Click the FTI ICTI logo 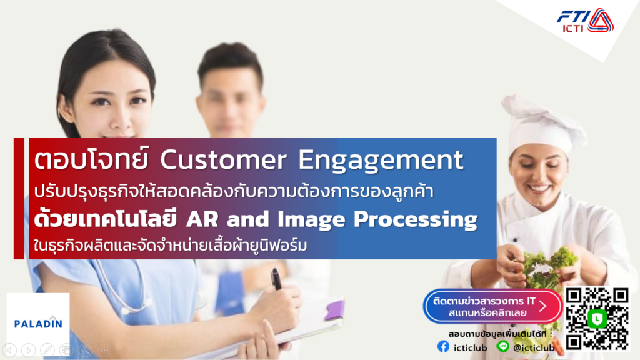(585, 21)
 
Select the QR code (597, 319)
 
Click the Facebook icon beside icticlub (443, 347)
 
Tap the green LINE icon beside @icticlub (503, 346)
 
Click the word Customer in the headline (223, 159)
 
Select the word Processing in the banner (416, 220)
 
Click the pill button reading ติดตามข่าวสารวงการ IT (492, 307)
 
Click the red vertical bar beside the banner (19, 198)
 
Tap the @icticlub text (534, 347)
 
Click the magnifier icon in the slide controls (85, 350)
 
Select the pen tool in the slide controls (47, 350)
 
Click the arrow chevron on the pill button (543, 306)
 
